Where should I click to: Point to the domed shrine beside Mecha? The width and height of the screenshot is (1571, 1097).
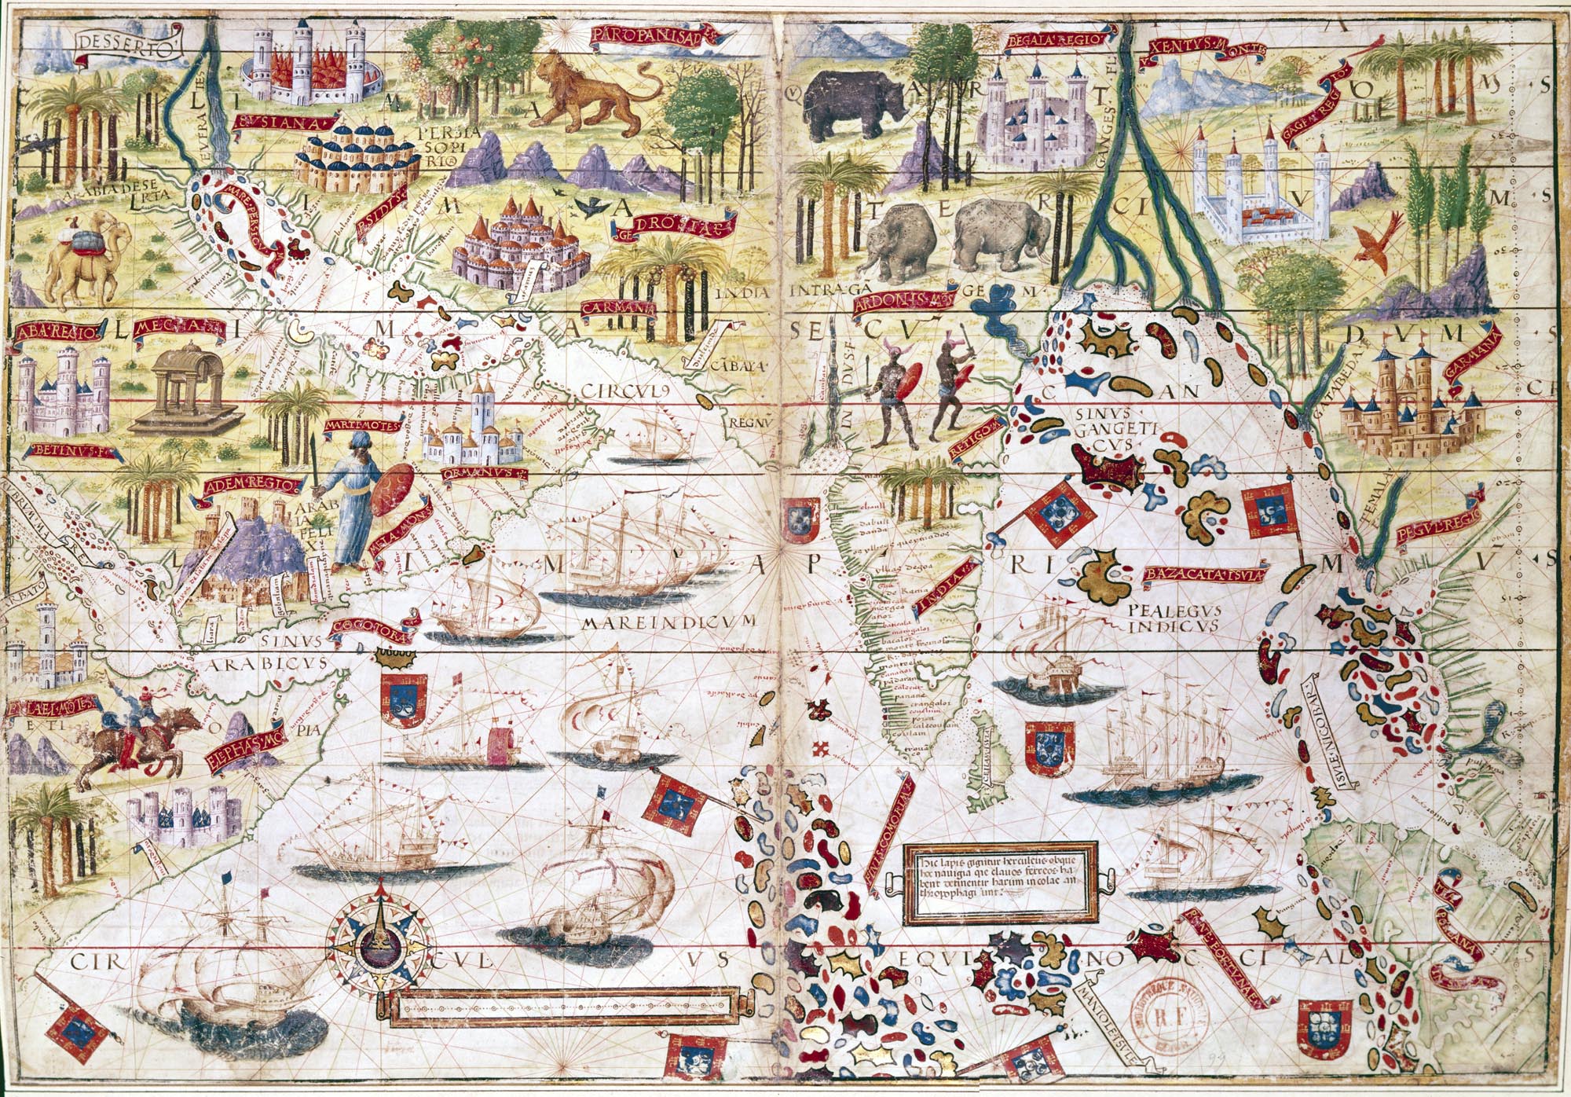[185, 393]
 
